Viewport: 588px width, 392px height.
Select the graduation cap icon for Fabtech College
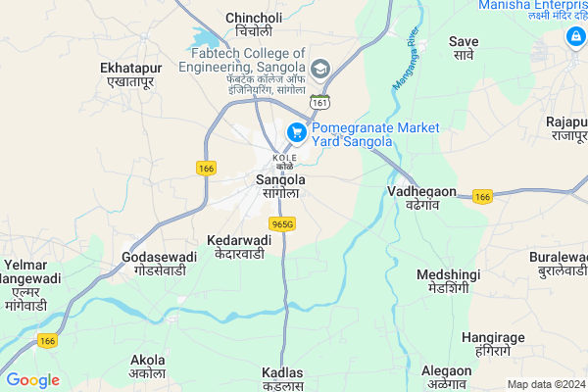click(320, 67)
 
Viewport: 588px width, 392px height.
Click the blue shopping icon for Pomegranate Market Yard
click(295, 131)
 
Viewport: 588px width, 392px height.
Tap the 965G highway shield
click(283, 224)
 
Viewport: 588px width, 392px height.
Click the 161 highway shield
click(320, 102)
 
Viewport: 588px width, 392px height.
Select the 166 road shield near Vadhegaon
click(481, 197)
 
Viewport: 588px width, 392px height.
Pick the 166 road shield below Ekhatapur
click(206, 168)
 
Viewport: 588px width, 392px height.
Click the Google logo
click(32, 380)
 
